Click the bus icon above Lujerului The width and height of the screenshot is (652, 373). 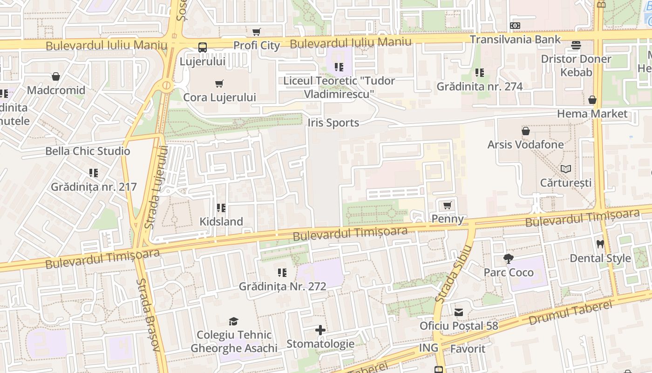[203, 47]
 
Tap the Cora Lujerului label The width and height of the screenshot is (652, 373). [220, 97]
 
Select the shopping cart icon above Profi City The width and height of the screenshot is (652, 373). [256, 32]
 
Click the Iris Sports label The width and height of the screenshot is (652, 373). [333, 123]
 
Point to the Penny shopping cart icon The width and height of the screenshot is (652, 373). [448, 205]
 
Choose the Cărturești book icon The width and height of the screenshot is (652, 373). [566, 169]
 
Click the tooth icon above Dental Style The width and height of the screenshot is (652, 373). [600, 244]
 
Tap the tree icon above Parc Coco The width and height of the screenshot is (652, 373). [509, 258]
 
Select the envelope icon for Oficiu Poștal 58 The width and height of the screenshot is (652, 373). [459, 312]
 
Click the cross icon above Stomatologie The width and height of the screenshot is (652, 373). [320, 330]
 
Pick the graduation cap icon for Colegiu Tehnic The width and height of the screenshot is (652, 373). [234, 321]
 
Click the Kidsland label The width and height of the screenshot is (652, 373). [221, 221]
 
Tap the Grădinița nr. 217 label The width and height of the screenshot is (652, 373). [94, 187]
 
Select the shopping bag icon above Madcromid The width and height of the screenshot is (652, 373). [56, 76]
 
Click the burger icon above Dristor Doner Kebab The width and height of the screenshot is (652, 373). [576, 45]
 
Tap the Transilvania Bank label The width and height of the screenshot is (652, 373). [515, 39]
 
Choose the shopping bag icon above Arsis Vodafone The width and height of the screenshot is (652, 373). [526, 131]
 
